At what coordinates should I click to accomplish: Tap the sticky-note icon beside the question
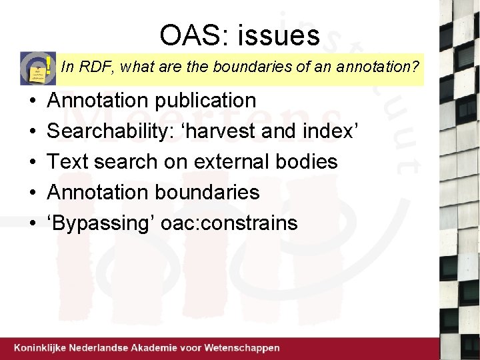click(x=38, y=67)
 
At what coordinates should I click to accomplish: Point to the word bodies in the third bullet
click(x=308, y=161)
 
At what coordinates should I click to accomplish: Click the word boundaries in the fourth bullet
click(x=207, y=192)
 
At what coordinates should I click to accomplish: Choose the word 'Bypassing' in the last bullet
click(x=99, y=223)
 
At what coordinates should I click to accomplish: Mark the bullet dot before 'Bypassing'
click(x=32, y=224)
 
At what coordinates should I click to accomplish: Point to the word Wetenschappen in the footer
click(x=241, y=348)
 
